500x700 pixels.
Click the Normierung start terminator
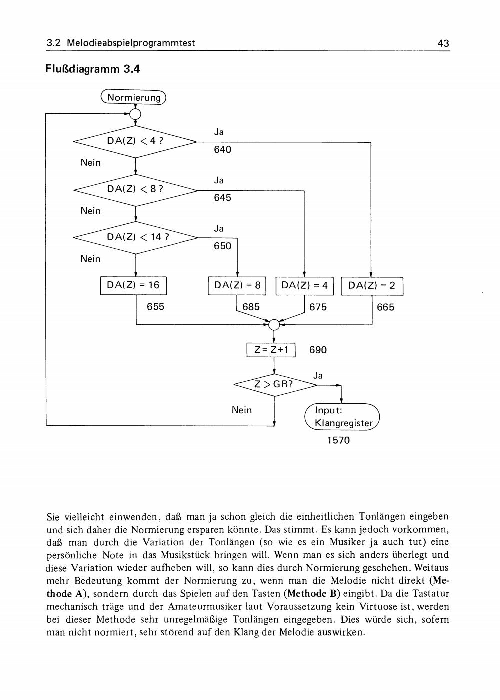pyautogui.click(x=133, y=97)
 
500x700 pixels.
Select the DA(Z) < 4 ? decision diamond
pyautogui.click(x=135, y=142)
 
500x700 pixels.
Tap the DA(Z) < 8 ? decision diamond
pyautogui.click(x=135, y=190)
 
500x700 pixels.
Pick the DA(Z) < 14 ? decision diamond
pyautogui.click(x=135, y=238)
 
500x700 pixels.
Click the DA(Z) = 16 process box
pyautogui.click(x=134, y=285)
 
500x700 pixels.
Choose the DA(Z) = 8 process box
pyautogui.click(x=237, y=286)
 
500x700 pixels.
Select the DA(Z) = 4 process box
pyautogui.click(x=304, y=286)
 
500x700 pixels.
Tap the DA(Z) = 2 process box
pyautogui.click(x=372, y=286)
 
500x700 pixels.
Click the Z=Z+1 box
pyautogui.click(x=271, y=350)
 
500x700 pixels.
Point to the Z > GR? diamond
pyautogui.click(x=275, y=385)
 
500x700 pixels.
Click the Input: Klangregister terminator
pyautogui.click(x=342, y=417)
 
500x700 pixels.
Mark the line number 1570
pyautogui.click(x=339, y=440)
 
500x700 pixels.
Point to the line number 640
pyautogui.click(x=223, y=150)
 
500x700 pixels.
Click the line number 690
pyautogui.click(x=318, y=350)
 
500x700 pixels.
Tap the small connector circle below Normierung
pyautogui.click(x=135, y=114)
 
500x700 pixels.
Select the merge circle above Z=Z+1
pyautogui.click(x=274, y=325)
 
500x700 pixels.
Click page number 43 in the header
pyautogui.click(x=444, y=43)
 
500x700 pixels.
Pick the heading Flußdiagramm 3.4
pyautogui.click(x=93, y=69)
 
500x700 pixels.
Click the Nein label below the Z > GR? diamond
pyautogui.click(x=242, y=410)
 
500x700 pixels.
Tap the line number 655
pyautogui.click(x=155, y=307)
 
